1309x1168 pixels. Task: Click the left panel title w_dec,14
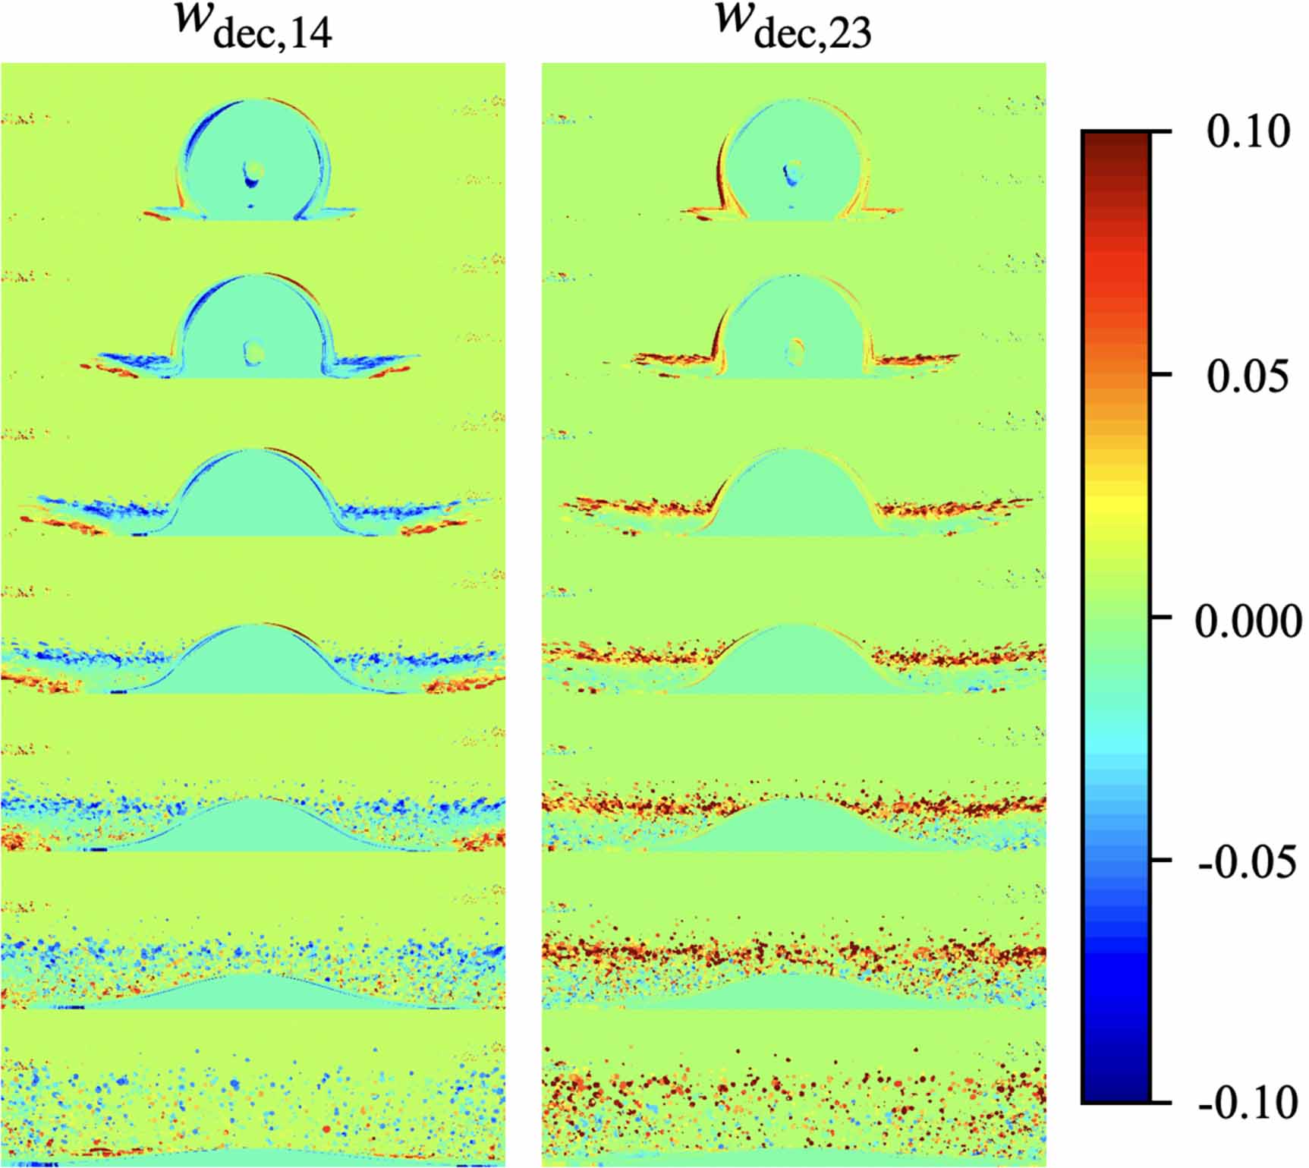[253, 26]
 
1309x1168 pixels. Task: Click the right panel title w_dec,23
[793, 26]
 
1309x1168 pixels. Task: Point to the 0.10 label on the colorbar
[1248, 131]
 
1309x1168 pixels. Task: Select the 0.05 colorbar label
[1248, 375]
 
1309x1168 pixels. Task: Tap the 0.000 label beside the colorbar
[1248, 621]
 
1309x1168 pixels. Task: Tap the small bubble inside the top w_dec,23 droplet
[794, 172]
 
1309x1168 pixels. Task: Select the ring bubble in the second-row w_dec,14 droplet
[253, 352]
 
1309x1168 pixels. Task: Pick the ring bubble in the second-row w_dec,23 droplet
[795, 351]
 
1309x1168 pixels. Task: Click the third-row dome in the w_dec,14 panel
[253, 497]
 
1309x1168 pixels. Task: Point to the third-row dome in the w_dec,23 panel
[794, 497]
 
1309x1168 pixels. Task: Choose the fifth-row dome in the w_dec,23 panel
[794, 827]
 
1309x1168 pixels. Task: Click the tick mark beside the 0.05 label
[1161, 375]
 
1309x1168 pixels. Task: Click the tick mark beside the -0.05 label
[1161, 860]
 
